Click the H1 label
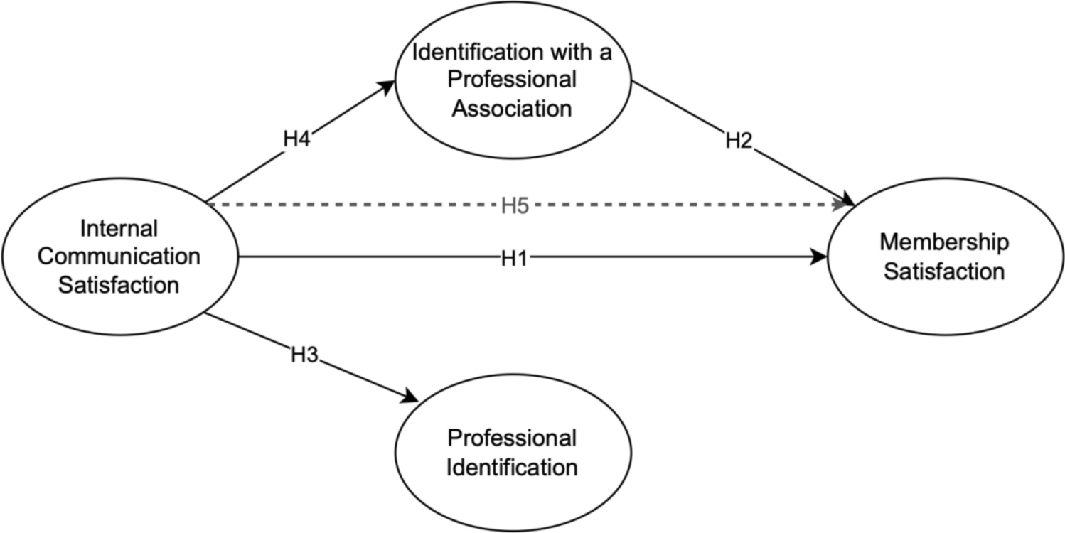tap(513, 259)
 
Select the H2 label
tap(738, 141)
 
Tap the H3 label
tap(304, 354)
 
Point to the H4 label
tap(296, 139)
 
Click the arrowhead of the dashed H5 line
tap(845, 204)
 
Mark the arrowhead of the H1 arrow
tap(820, 258)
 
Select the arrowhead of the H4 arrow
tap(386, 85)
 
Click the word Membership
tap(943, 242)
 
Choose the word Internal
tap(119, 229)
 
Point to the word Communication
tap(119, 257)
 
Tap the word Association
tap(512, 109)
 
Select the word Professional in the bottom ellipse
tap(512, 438)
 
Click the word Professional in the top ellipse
tap(512, 80)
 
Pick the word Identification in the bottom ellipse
tap(512, 468)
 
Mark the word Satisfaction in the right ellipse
tap(943, 271)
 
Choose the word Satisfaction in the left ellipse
tap(119, 285)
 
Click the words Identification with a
tap(512, 52)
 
